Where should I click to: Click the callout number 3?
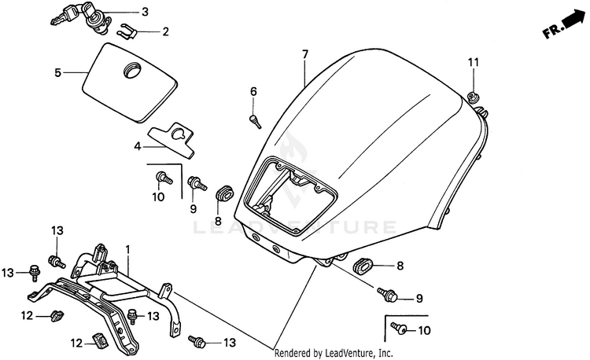(145, 12)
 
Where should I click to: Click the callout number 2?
(166, 32)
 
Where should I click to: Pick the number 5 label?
(57, 73)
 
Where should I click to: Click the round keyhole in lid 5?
(127, 72)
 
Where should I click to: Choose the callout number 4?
(137, 146)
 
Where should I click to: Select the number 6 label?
(253, 92)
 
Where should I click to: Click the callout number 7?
(304, 54)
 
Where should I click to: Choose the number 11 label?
(473, 63)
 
